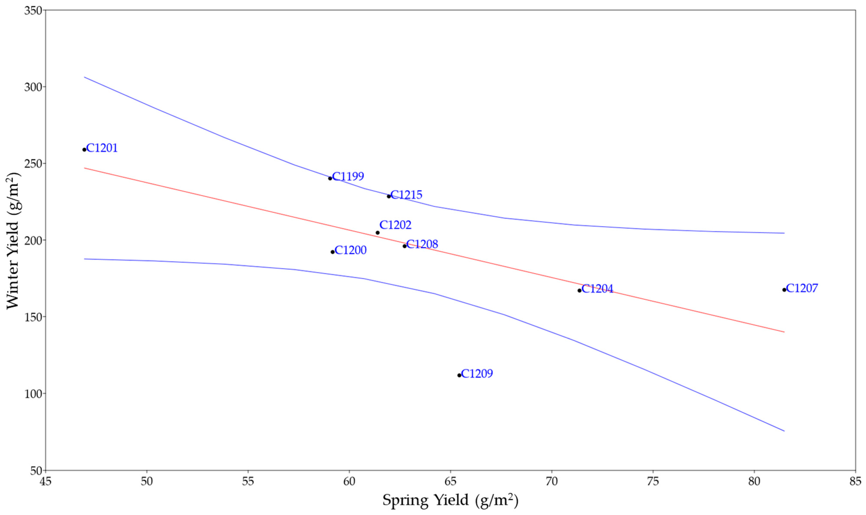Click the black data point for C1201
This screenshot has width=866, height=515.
coord(84,150)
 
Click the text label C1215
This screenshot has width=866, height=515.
coord(406,195)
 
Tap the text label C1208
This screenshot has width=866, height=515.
coord(422,244)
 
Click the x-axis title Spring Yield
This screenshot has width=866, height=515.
coord(450,500)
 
